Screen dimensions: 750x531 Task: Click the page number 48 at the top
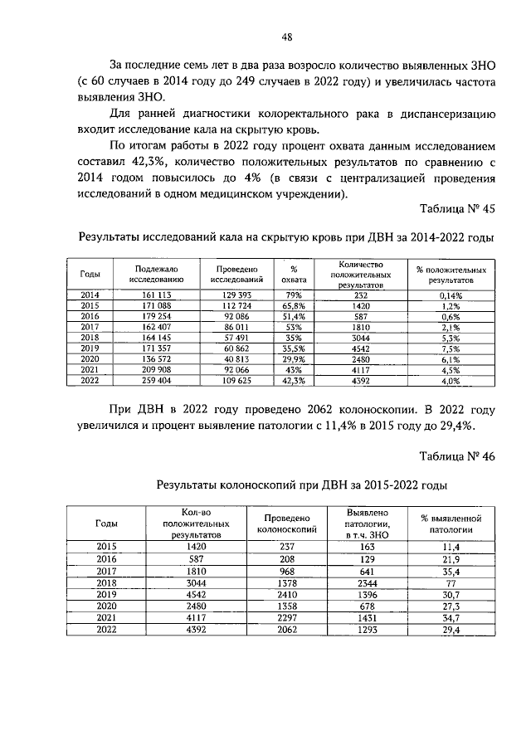tap(286, 36)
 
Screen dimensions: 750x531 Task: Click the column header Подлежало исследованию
tap(151, 275)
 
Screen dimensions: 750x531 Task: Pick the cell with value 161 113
tap(150, 295)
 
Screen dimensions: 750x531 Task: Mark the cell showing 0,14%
tap(451, 295)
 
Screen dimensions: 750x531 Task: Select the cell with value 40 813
tap(237, 359)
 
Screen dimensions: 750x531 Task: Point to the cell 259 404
tap(150, 381)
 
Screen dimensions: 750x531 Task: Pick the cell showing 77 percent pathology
tap(451, 583)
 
